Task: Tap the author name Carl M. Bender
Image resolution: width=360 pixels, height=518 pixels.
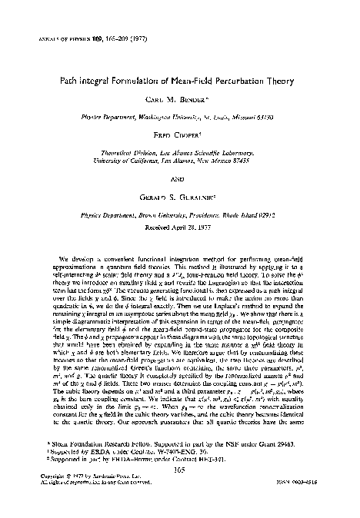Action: coord(179,101)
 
